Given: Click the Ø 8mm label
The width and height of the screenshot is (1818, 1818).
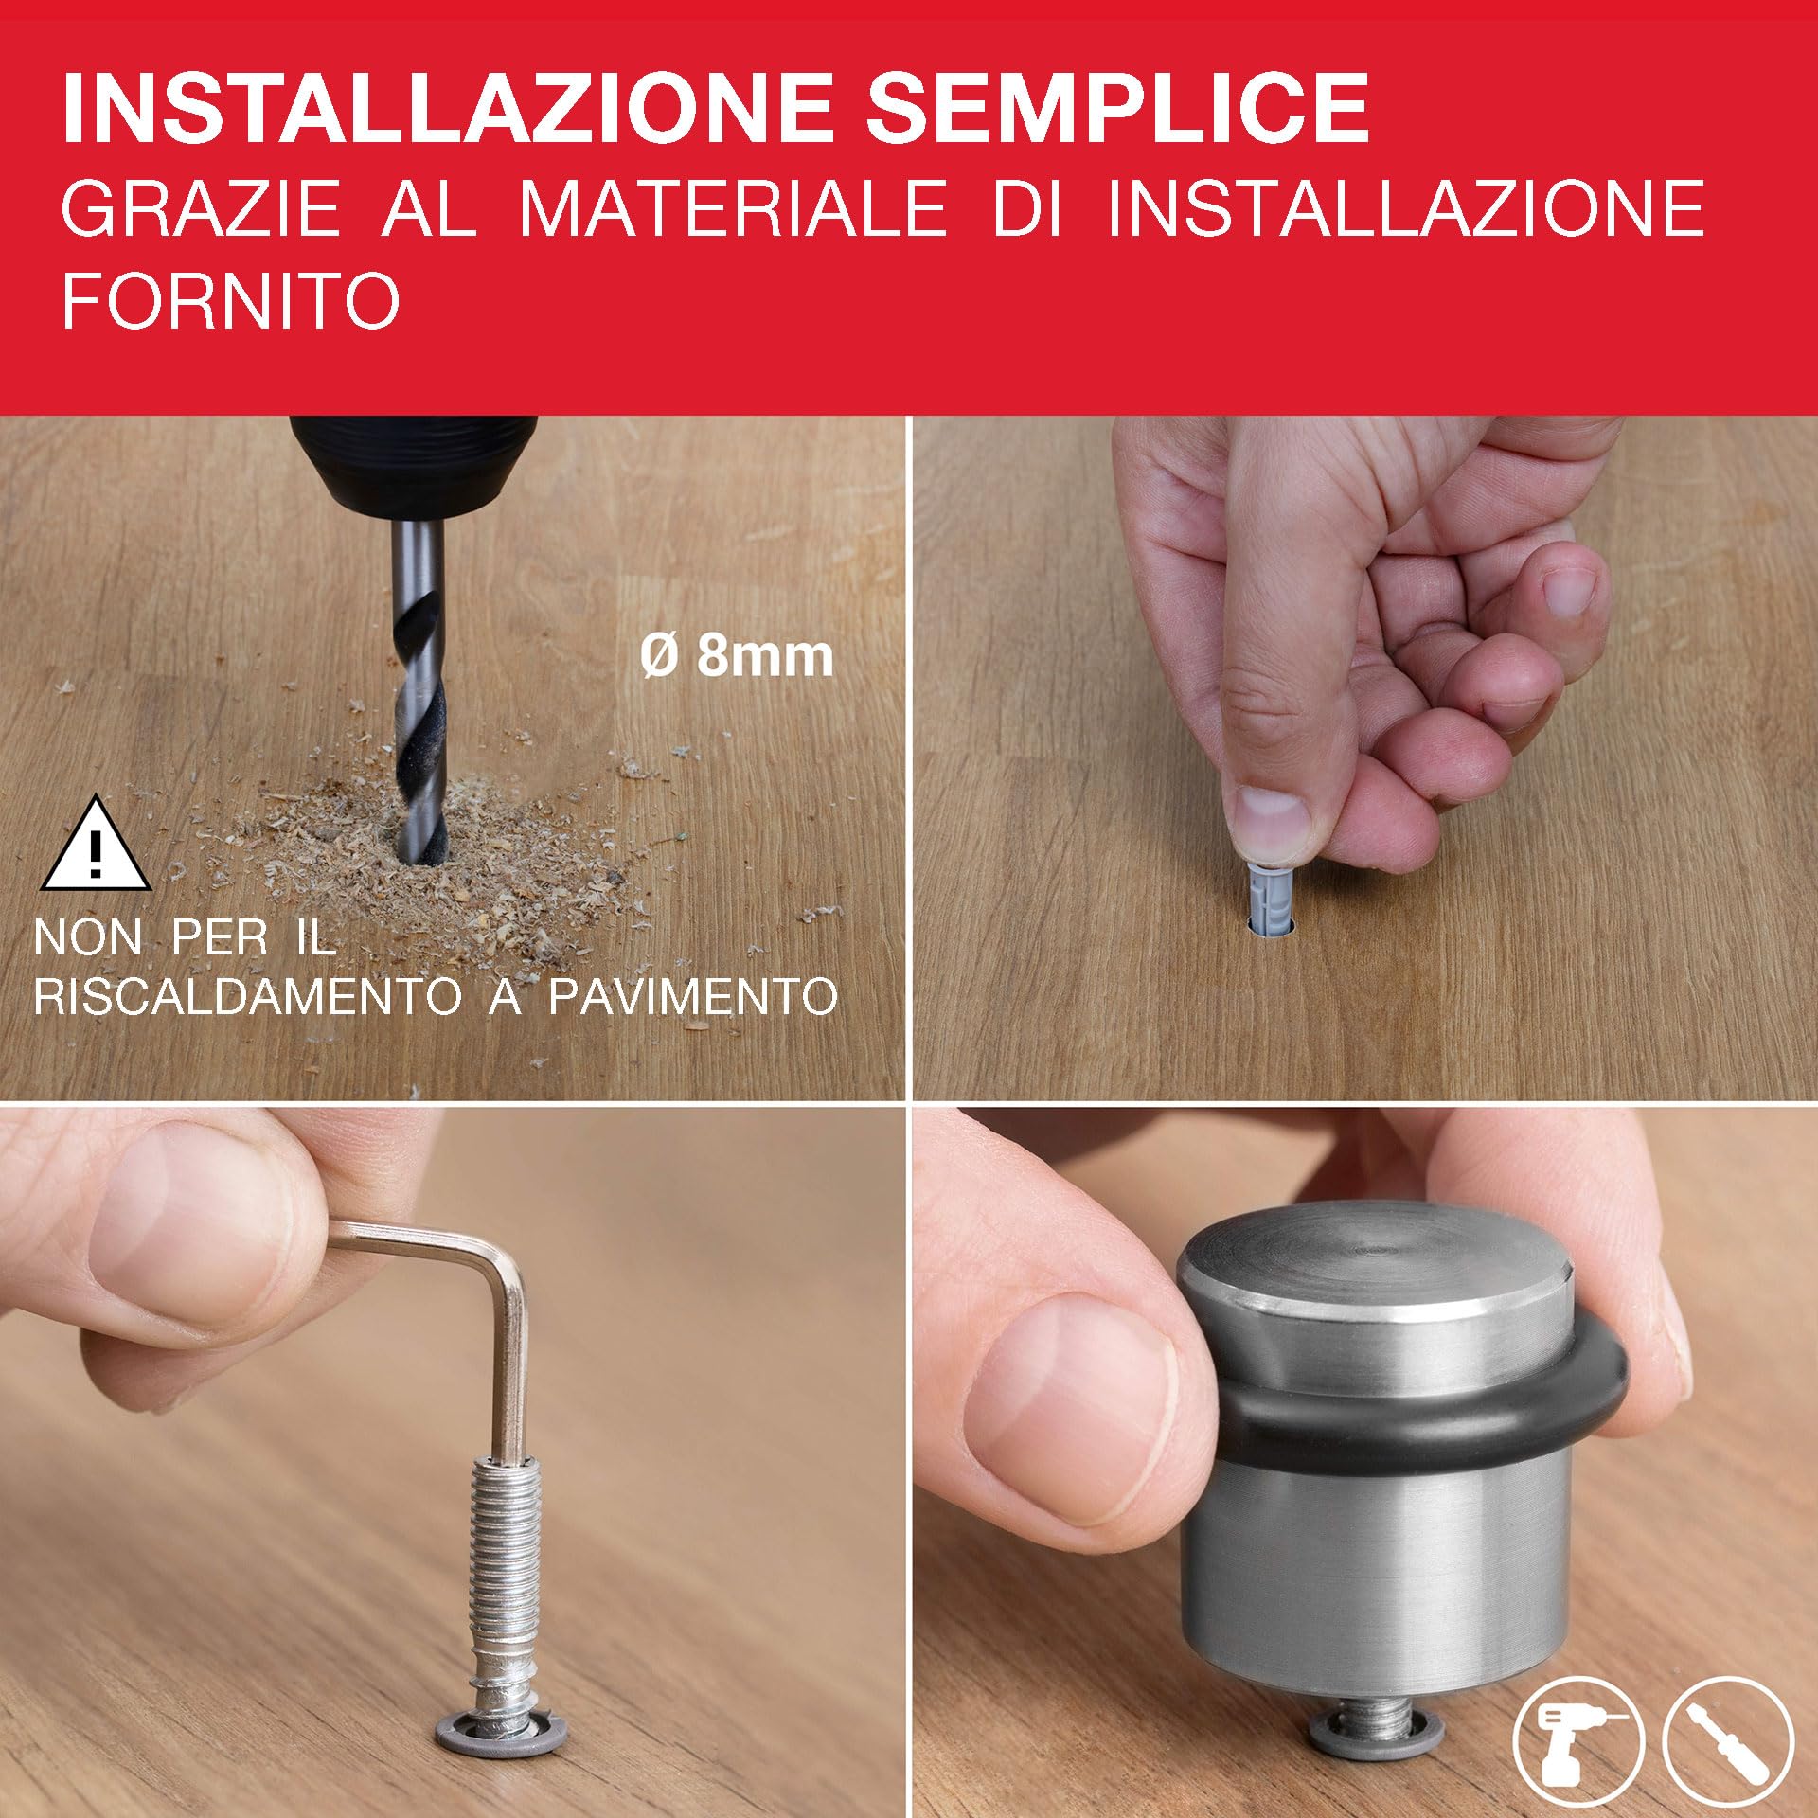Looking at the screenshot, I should tap(737, 655).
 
